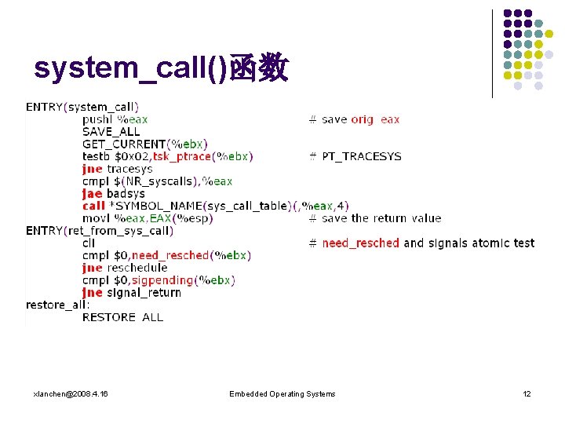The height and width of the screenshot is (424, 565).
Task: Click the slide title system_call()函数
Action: [161, 70]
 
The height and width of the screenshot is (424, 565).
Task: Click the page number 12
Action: [527, 393]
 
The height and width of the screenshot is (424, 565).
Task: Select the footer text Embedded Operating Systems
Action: [282, 393]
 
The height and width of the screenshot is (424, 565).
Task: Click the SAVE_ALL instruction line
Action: [111, 132]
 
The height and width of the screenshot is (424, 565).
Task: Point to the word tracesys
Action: [129, 169]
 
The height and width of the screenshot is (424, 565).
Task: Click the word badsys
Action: [126, 193]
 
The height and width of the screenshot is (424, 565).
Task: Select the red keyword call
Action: [93, 206]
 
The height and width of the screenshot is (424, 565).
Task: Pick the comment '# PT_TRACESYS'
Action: [355, 156]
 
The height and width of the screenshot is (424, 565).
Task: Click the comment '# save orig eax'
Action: [354, 119]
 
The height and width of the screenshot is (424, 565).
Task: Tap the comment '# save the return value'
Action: [375, 218]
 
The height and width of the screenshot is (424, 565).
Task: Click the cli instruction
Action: [89, 243]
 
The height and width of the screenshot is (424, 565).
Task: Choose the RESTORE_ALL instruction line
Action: [122, 317]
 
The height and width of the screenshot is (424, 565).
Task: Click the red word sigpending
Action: [162, 280]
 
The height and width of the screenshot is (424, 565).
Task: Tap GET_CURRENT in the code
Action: [124, 144]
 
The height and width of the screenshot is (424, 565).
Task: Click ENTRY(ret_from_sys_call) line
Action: [100, 230]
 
